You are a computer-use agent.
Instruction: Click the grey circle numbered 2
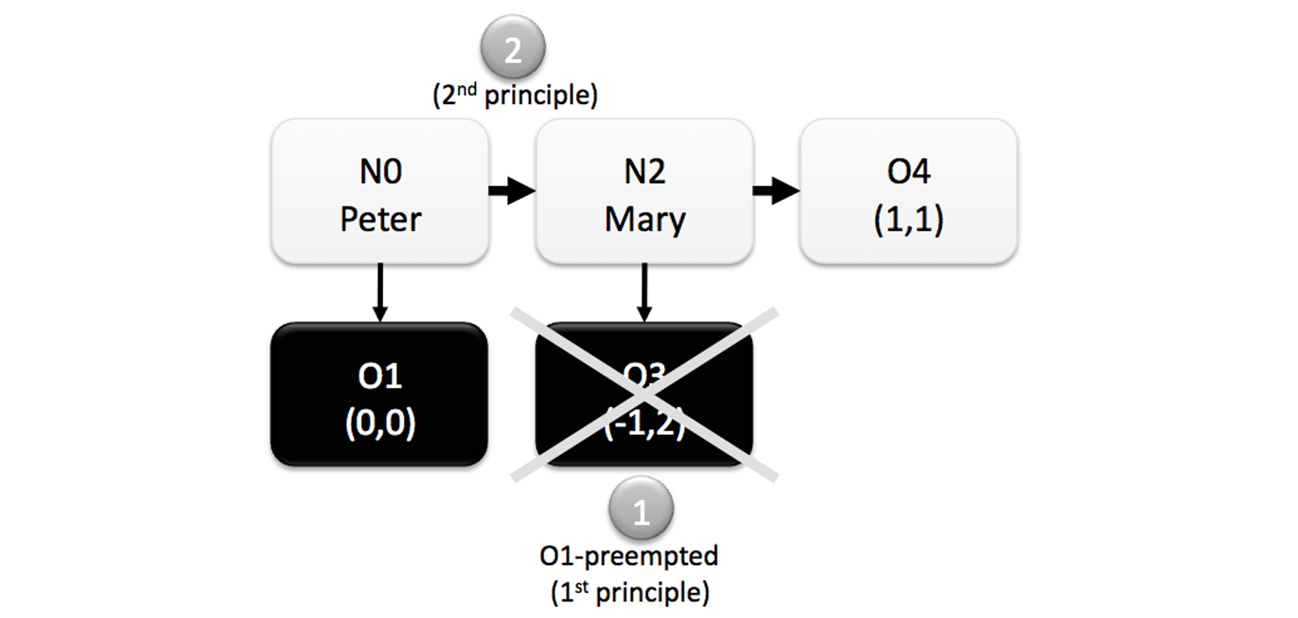tap(513, 48)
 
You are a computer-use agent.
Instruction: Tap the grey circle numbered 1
tap(640, 509)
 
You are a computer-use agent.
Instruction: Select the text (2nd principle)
tap(515, 95)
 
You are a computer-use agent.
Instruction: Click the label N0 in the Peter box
tap(380, 172)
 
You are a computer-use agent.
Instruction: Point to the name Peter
tap(380, 219)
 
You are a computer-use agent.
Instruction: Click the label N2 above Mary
tap(644, 172)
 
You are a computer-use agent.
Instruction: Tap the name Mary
tap(644, 219)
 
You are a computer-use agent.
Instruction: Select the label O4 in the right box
tap(908, 172)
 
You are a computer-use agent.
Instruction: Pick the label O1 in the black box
tap(379, 376)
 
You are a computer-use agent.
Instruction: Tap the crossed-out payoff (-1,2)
tap(644, 425)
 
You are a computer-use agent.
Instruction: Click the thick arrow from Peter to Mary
tap(512, 191)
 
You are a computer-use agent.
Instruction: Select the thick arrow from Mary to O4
tap(775, 191)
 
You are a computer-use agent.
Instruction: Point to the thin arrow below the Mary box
tap(644, 292)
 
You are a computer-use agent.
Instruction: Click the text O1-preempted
tap(629, 557)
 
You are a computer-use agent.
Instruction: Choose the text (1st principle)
tap(629, 592)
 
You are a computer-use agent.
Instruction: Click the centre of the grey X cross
tap(644, 394)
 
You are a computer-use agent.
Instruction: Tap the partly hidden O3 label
tap(644, 374)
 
